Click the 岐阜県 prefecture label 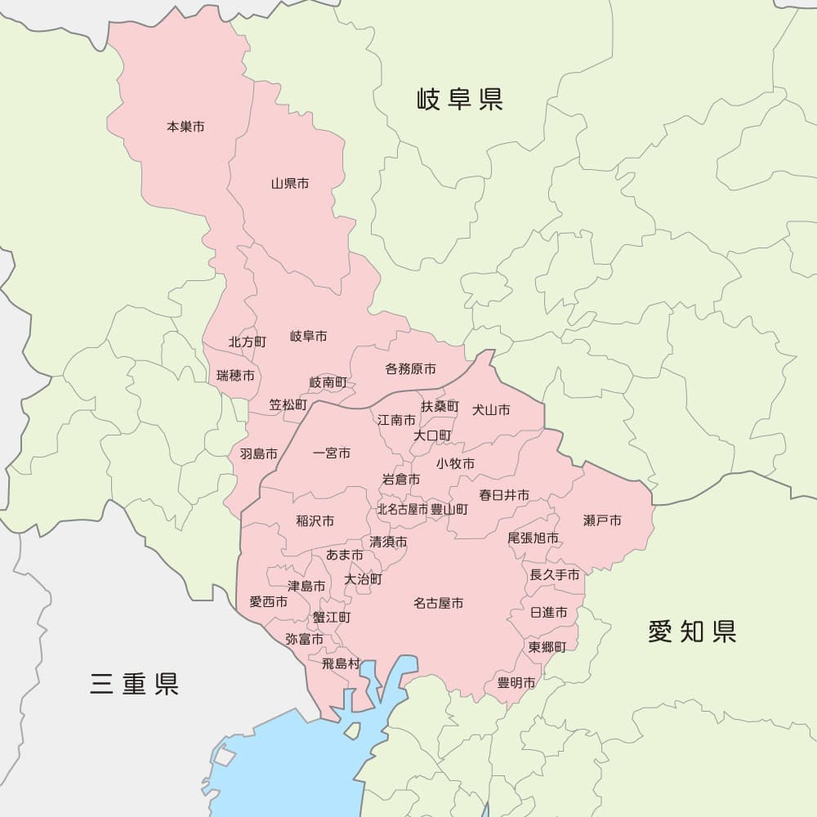click(x=460, y=100)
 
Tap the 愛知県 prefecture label click(x=692, y=631)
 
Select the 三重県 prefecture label click(x=135, y=683)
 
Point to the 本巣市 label click(x=185, y=127)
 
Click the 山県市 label click(x=290, y=184)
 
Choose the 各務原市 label click(x=410, y=369)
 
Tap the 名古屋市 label click(x=438, y=604)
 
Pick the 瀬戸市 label click(x=602, y=520)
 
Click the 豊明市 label click(x=516, y=683)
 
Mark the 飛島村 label click(x=341, y=663)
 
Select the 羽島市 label click(x=258, y=453)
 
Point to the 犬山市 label click(x=491, y=410)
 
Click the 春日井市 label click(x=504, y=495)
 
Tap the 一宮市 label click(x=332, y=453)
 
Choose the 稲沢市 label click(x=315, y=521)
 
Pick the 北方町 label click(x=248, y=342)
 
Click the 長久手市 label click(x=555, y=575)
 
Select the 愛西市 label click(x=269, y=602)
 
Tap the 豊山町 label click(x=449, y=509)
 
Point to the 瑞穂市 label click(x=235, y=376)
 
